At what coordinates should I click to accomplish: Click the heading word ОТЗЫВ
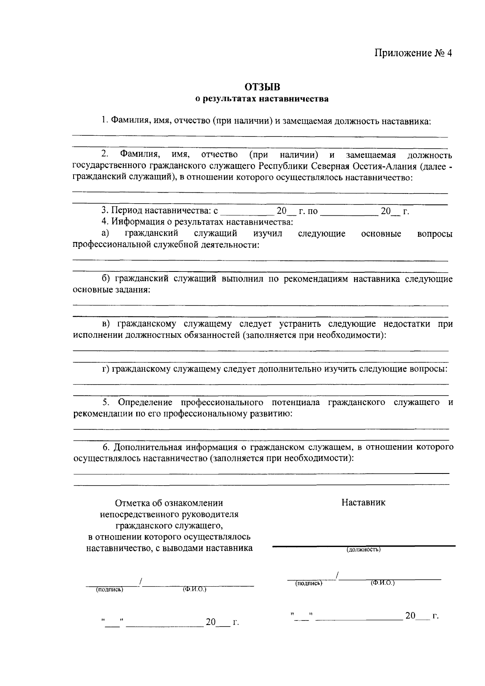pos(262,86)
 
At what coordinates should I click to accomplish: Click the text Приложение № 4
pos(413,53)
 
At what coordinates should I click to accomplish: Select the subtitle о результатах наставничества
pos(262,99)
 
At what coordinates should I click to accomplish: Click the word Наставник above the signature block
pos(363,502)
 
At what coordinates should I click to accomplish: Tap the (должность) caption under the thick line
pos(363,549)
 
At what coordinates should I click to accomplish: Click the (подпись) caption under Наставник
pos(308,583)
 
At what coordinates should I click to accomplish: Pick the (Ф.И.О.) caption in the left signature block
pos(194,589)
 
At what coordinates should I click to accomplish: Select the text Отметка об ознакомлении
pos(169,503)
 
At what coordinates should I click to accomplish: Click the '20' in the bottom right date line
pos(410,616)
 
